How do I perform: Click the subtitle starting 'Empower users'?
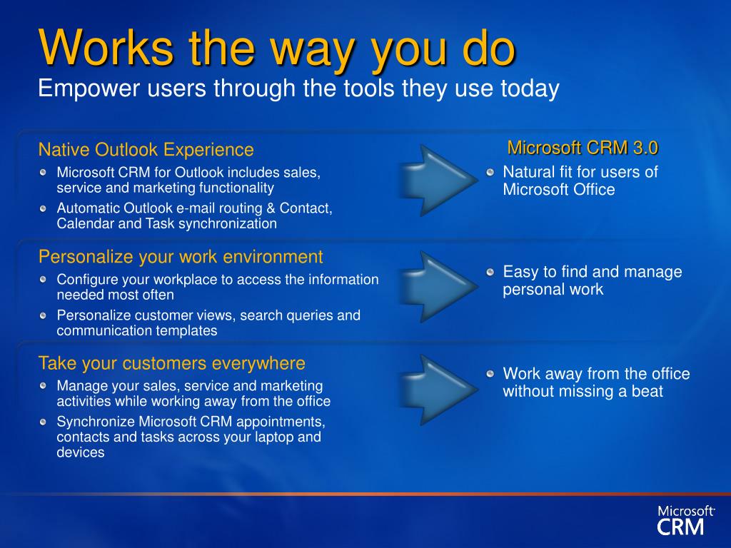(x=298, y=88)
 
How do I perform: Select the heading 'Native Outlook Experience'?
(x=146, y=150)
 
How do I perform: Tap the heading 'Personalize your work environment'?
(x=181, y=257)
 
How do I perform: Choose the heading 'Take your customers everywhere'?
(x=171, y=363)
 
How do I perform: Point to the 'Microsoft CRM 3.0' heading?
(x=583, y=148)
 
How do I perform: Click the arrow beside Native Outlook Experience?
(x=438, y=180)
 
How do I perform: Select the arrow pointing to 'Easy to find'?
(x=438, y=287)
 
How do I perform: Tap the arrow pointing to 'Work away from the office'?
(x=438, y=390)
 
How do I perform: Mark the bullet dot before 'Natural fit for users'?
(x=490, y=173)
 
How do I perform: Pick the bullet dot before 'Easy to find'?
(x=490, y=272)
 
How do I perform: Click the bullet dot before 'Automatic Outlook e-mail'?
(x=44, y=208)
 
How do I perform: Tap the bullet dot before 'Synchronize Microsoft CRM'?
(x=44, y=422)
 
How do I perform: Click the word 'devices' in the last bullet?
(x=80, y=452)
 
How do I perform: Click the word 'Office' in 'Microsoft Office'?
(x=592, y=190)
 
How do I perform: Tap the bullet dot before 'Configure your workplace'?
(x=44, y=280)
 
